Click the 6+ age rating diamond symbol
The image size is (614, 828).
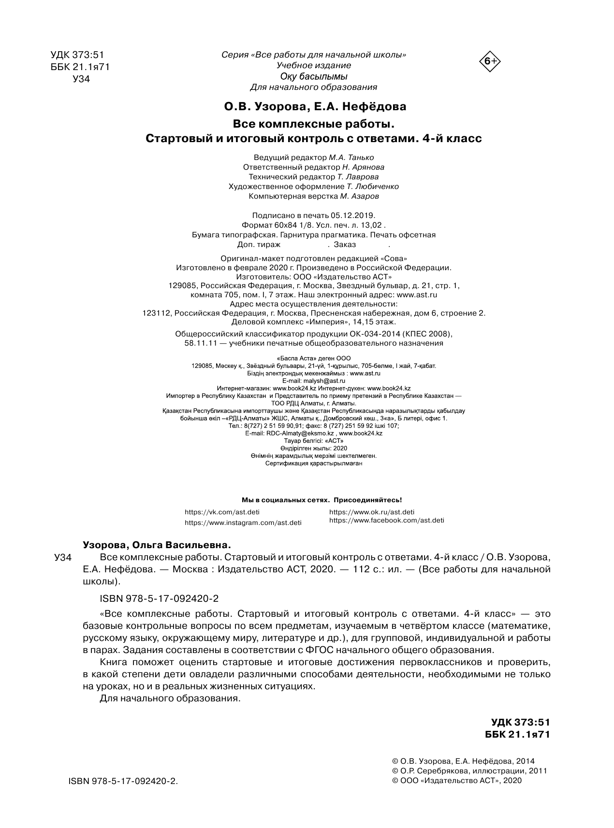(x=490, y=61)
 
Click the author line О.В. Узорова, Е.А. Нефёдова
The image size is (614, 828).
(x=314, y=106)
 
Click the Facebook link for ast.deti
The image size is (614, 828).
(x=386, y=521)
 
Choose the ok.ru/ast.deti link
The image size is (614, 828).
(x=371, y=512)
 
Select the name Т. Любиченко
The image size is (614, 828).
(x=372, y=187)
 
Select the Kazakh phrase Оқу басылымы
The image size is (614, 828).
(x=314, y=76)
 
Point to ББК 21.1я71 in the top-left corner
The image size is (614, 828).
(x=80, y=67)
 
